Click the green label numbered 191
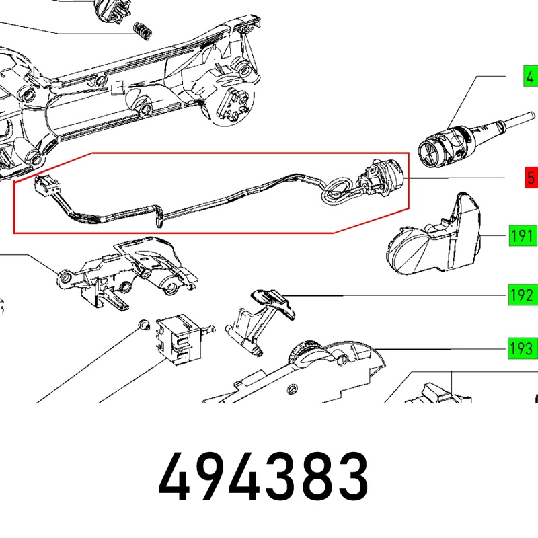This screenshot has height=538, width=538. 523,236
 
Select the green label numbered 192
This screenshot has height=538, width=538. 523,295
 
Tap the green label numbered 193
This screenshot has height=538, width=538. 523,348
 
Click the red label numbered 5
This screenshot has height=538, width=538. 531,178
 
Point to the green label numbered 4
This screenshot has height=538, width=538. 531,76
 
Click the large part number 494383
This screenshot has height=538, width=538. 263,477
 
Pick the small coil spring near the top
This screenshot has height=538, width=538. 142,30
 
